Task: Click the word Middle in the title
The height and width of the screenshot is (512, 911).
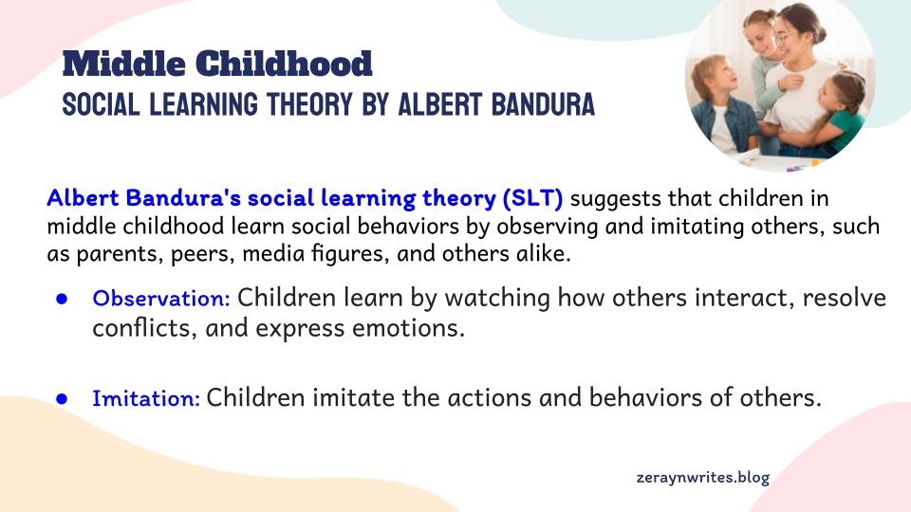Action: coord(123,64)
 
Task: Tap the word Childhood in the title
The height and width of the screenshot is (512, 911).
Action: coord(284,64)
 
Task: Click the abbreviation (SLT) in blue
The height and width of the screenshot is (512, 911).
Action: coord(532,198)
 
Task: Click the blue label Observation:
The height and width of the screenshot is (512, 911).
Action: coord(161,299)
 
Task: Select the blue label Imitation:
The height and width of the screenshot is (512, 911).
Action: coord(146,398)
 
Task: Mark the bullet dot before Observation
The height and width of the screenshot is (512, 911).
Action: coord(62,299)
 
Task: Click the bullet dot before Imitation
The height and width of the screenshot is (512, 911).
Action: coord(62,399)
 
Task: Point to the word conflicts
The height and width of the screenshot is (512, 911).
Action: coord(140,329)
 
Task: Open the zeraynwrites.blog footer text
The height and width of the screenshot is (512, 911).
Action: coord(703,477)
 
